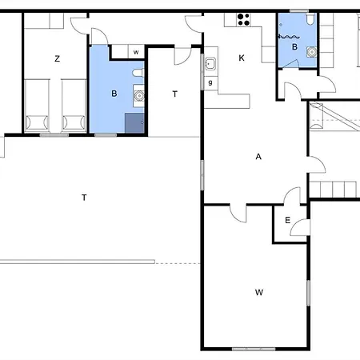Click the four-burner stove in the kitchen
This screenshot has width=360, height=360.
(x=243, y=20)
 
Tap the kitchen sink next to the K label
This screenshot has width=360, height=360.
(x=210, y=63)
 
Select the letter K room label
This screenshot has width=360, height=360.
(x=242, y=58)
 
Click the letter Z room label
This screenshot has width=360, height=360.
(x=57, y=58)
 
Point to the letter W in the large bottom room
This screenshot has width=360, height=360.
(x=259, y=293)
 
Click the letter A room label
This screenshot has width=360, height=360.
(x=258, y=157)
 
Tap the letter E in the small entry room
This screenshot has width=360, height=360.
(x=287, y=220)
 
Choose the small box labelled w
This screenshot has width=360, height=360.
(x=136, y=52)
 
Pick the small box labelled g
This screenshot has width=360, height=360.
(x=210, y=83)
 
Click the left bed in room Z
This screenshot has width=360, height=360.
(x=37, y=106)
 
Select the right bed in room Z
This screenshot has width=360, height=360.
(x=74, y=106)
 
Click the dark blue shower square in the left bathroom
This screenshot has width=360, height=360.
(x=134, y=122)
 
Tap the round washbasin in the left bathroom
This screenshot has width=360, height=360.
(x=139, y=95)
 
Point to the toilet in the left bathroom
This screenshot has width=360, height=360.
(x=138, y=73)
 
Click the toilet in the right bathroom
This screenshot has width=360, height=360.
(x=310, y=19)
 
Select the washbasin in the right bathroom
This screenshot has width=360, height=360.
(x=311, y=52)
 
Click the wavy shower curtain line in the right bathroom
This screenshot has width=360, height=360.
(x=289, y=37)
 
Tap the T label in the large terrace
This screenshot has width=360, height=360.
(x=84, y=198)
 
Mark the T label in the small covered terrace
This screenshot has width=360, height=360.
(x=174, y=94)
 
